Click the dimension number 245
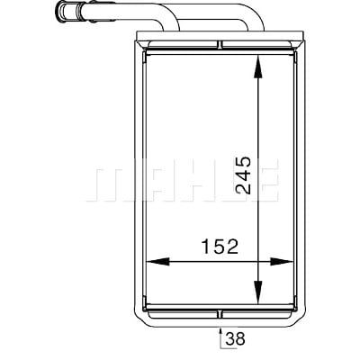click(x=243, y=175)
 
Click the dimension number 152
click(x=220, y=247)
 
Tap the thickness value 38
click(x=236, y=339)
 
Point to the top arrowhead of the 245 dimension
click(x=258, y=67)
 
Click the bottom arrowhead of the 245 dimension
click(x=258, y=292)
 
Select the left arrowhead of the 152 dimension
click(x=157, y=262)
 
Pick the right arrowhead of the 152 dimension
click(x=282, y=262)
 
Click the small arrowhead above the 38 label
click(x=220, y=332)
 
